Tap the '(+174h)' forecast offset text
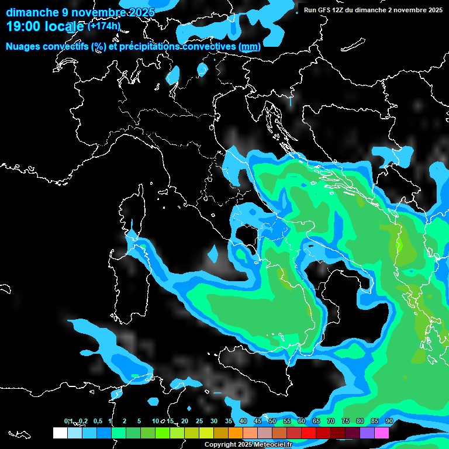pos(103,26)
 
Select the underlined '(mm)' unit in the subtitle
pos(250,46)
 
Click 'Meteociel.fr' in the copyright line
pos(272,445)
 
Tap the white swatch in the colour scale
pos(60,433)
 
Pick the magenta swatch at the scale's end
pos(382,433)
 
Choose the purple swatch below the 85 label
pos(367,433)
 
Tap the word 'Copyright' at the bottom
pos(220,445)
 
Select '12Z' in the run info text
pos(339,10)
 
